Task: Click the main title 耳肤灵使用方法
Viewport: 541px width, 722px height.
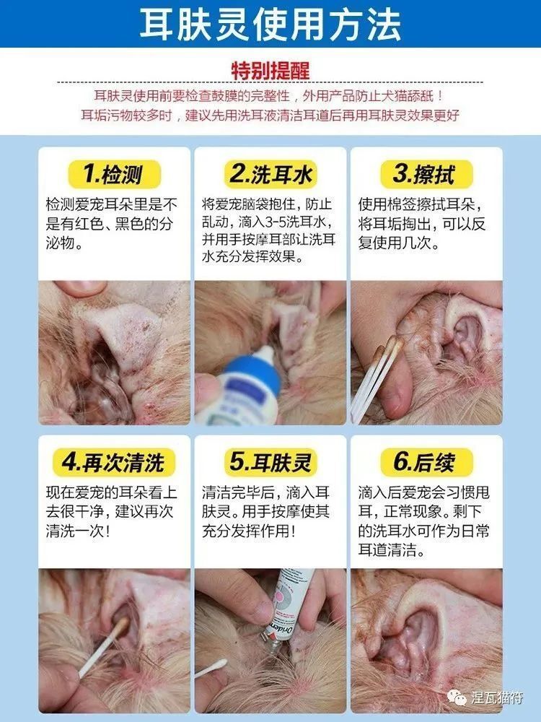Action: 270,24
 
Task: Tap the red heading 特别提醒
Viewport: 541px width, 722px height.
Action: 270,71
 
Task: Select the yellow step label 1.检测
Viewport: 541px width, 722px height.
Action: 114,174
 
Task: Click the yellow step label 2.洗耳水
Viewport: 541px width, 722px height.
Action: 270,174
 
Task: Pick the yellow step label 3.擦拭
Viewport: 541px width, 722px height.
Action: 426,174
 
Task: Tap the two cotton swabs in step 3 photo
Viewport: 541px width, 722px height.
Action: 375,378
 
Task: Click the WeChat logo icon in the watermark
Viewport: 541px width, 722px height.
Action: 457,697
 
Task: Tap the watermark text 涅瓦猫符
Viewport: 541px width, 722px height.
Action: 497,697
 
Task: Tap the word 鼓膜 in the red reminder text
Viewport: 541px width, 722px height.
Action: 224,96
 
